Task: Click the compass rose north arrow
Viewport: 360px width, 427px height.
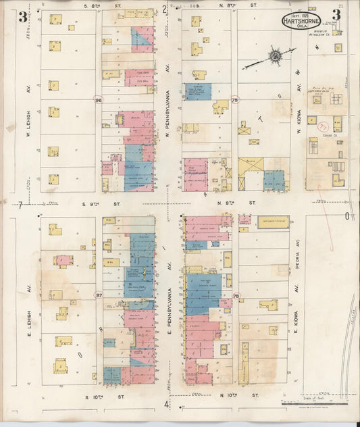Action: [276, 55]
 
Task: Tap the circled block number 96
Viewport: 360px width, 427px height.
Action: [98, 99]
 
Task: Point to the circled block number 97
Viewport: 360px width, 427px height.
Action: [98, 295]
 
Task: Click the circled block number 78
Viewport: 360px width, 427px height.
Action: [236, 295]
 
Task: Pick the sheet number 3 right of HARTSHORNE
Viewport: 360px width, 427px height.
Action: [336, 15]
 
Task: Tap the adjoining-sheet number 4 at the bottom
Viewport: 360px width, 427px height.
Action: [166, 404]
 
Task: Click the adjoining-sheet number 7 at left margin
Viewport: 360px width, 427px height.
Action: [20, 204]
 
